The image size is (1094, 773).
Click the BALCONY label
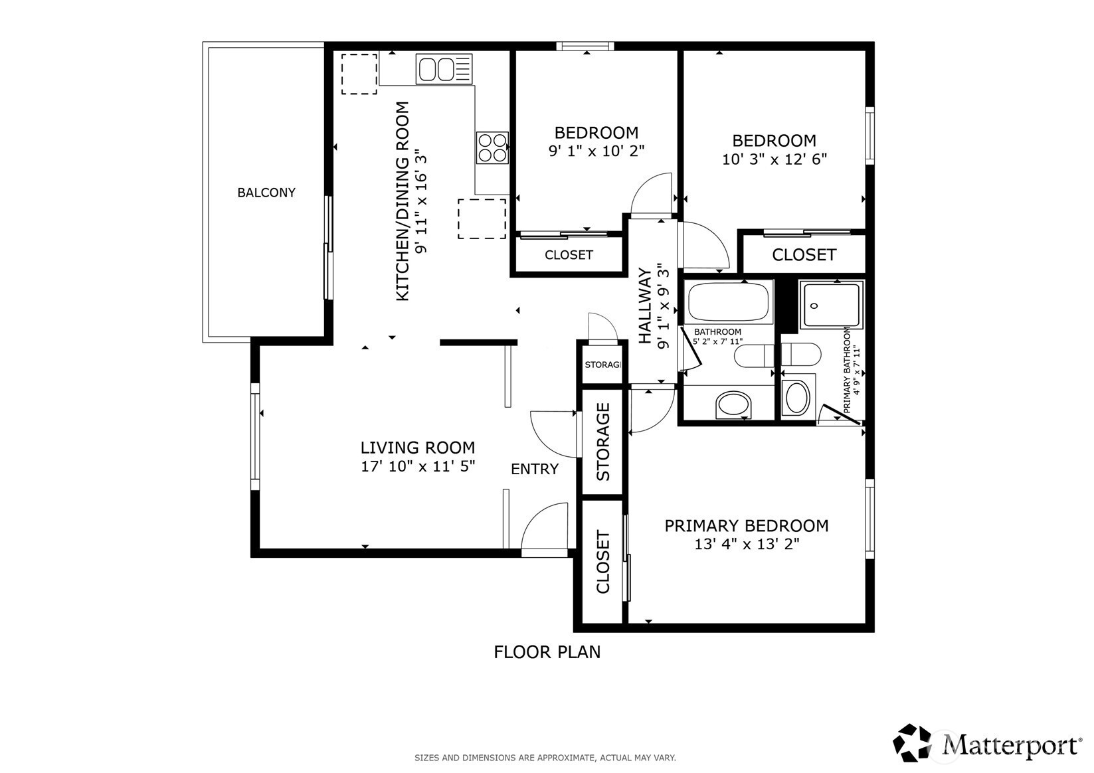266,193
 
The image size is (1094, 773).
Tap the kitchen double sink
444,69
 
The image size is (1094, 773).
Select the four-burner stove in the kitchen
492,147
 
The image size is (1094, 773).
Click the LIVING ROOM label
418,448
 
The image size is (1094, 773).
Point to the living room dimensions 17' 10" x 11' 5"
418,466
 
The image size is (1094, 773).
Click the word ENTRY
534,469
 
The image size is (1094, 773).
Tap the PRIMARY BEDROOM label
746,525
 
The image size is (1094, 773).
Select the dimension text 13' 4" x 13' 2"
746,544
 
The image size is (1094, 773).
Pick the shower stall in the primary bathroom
831,304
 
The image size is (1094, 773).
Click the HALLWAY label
645,305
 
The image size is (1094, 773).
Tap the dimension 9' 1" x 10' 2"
596,151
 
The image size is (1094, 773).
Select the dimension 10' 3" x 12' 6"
774,159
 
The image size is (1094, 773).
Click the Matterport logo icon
912,742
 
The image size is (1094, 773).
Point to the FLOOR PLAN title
547,652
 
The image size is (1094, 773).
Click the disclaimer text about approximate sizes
545,758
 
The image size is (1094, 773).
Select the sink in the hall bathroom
733,404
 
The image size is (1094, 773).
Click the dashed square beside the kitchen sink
359,74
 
